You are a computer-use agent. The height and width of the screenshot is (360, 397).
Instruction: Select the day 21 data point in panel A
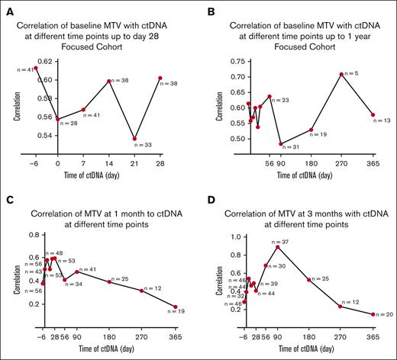pyautogui.click(x=134, y=140)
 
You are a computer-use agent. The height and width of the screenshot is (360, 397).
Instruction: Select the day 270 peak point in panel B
pyautogui.click(x=341, y=74)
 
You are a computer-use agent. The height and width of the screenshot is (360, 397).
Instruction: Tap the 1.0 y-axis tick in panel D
pyautogui.click(x=236, y=236)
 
